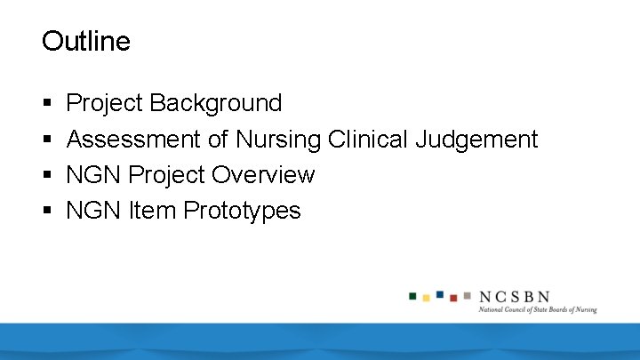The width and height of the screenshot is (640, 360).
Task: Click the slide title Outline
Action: click(x=86, y=41)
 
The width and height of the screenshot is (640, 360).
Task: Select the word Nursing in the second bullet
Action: click(x=277, y=140)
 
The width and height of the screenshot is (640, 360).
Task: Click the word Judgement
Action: click(x=479, y=140)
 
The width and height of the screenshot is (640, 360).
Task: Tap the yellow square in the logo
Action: click(x=427, y=298)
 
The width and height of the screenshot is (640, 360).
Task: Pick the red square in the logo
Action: click(x=453, y=298)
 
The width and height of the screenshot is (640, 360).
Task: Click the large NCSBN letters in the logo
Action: click(x=515, y=296)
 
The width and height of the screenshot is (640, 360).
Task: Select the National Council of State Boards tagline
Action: click(x=537, y=310)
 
